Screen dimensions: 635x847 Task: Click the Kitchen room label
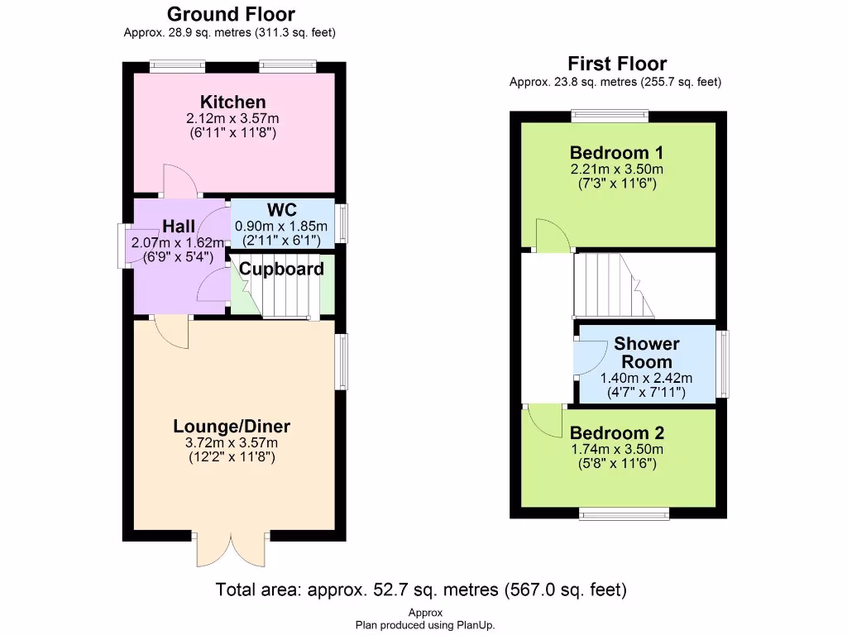click(x=233, y=103)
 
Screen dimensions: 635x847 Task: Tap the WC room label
click(x=281, y=210)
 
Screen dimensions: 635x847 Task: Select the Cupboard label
click(x=281, y=269)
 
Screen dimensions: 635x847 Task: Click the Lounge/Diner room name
click(x=232, y=427)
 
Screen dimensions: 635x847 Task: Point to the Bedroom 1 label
click(x=616, y=153)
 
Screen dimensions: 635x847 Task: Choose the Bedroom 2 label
click(x=616, y=433)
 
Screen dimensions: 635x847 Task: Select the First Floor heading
click(x=616, y=64)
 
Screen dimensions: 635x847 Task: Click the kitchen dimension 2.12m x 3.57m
click(x=233, y=118)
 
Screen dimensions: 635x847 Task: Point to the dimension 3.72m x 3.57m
click(x=232, y=443)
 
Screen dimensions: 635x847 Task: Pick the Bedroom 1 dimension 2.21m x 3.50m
click(x=616, y=169)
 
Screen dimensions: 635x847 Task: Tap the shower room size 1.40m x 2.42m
click(x=646, y=378)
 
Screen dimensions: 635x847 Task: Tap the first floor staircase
click(x=612, y=285)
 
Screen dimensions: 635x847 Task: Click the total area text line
click(x=421, y=590)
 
